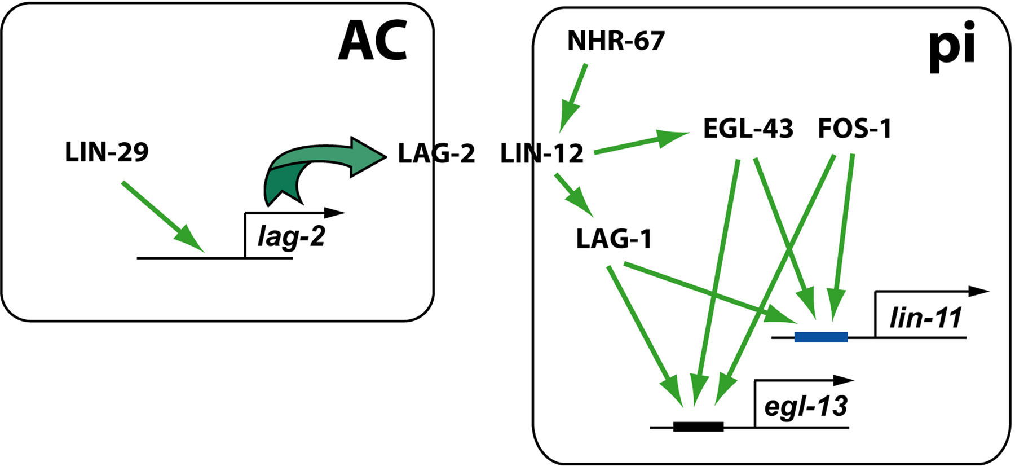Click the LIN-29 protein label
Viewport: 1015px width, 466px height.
coord(107,152)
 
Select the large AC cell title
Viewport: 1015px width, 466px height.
coord(373,41)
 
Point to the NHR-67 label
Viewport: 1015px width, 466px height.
coord(616,41)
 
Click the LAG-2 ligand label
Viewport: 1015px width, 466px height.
coord(436,153)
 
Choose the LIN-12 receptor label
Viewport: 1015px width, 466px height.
coord(541,153)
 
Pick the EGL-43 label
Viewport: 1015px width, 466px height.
coord(748,129)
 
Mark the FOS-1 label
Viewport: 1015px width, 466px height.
coord(854,129)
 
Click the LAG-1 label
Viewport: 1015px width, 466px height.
coord(614,239)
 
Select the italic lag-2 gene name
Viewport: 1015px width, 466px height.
coord(291,236)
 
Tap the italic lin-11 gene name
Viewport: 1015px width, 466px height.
coord(925,318)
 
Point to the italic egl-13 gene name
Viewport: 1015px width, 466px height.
coord(805,406)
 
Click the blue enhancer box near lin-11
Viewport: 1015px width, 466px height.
coord(821,337)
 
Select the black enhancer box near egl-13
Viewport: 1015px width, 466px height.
coord(698,427)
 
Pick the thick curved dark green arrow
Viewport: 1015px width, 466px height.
coord(316,166)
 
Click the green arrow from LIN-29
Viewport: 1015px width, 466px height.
coord(161,215)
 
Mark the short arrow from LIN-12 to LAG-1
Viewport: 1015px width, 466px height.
coord(573,195)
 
